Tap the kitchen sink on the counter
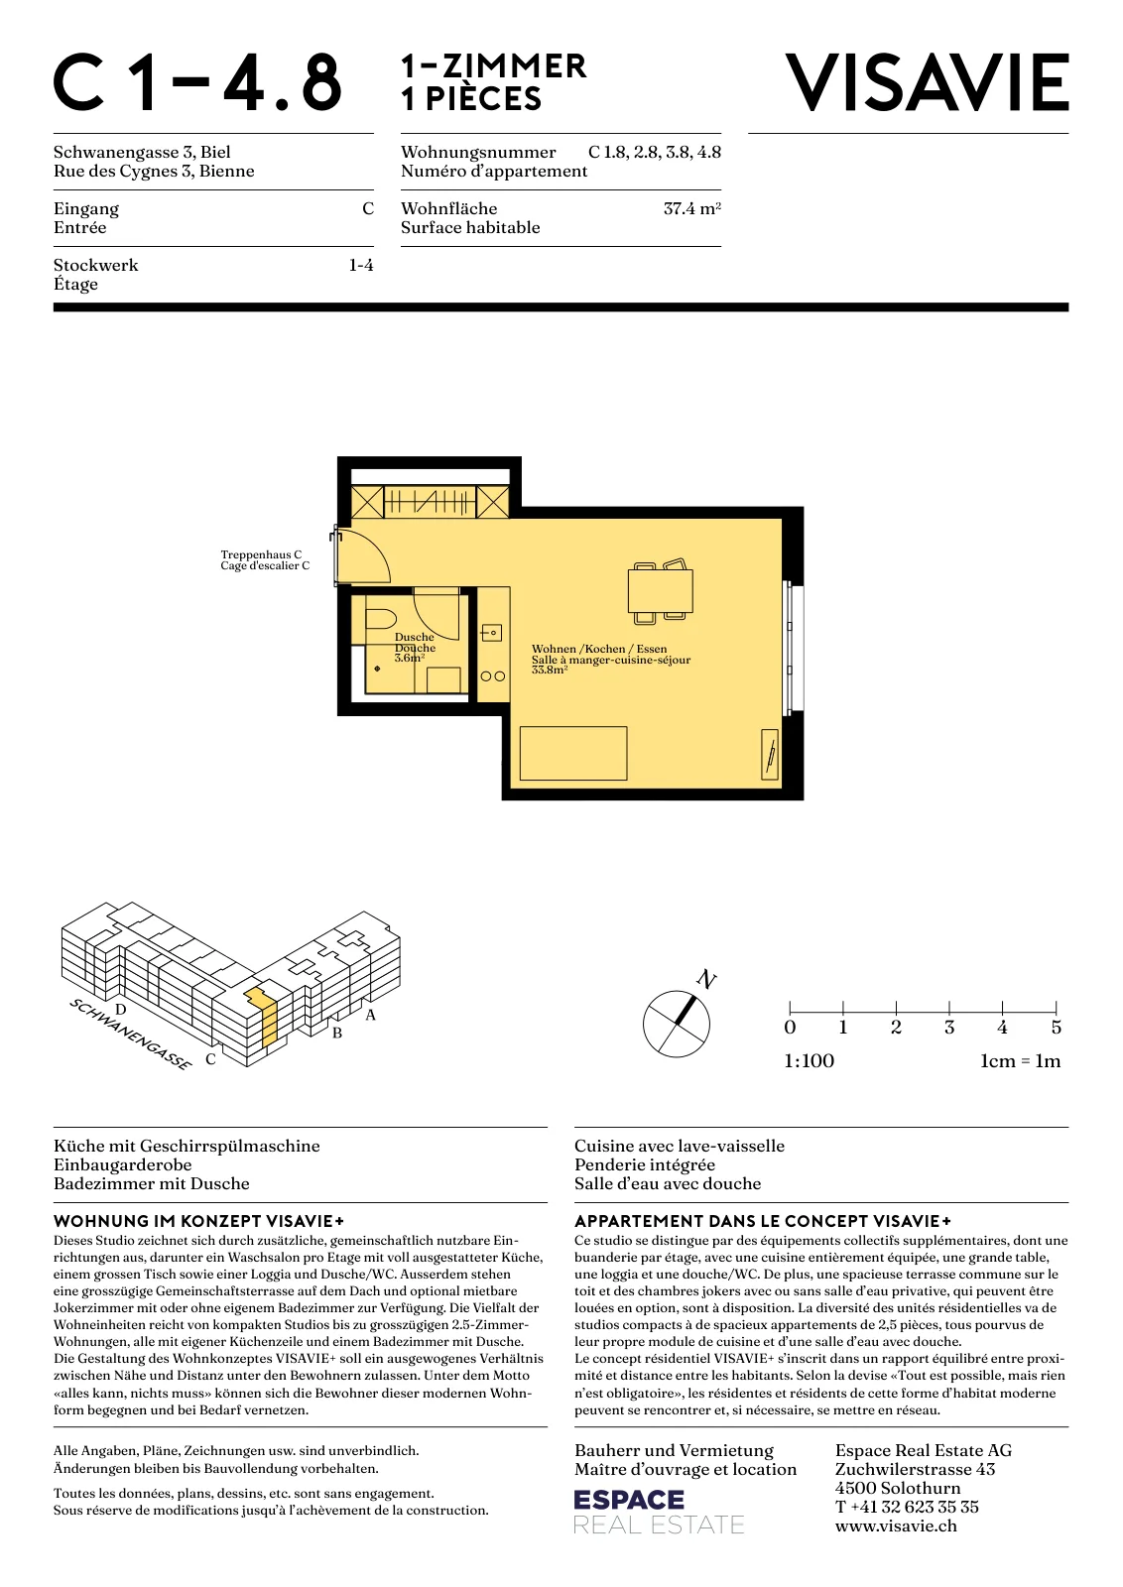pyautogui.click(x=492, y=632)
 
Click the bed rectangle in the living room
pyautogui.click(x=573, y=753)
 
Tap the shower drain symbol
pyautogui.click(x=378, y=669)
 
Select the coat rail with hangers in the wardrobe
pyautogui.click(x=431, y=502)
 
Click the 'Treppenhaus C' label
pyautogui.click(x=261, y=554)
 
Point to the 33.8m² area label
pyautogui.click(x=550, y=670)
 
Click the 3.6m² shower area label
pyautogui.click(x=410, y=658)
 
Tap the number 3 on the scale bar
pyautogui.click(x=949, y=1028)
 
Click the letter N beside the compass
pyautogui.click(x=706, y=979)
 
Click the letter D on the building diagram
pyautogui.click(x=120, y=1010)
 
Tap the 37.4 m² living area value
pyautogui.click(x=692, y=208)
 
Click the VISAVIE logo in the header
pyautogui.click(x=927, y=83)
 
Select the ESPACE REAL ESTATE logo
pyautogui.click(x=659, y=1512)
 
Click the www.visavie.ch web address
pyautogui.click(x=896, y=1526)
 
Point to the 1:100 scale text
pyautogui.click(x=810, y=1060)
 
